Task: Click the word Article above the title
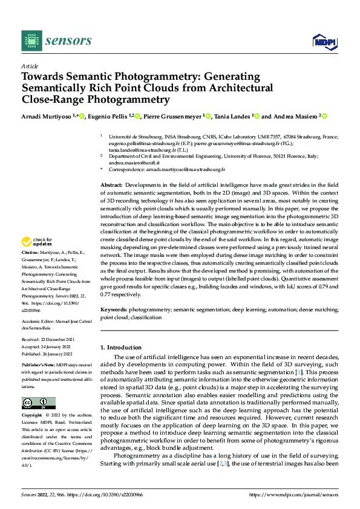point(30,66)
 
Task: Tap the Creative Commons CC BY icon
point(38,403)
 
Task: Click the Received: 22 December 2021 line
point(49,340)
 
